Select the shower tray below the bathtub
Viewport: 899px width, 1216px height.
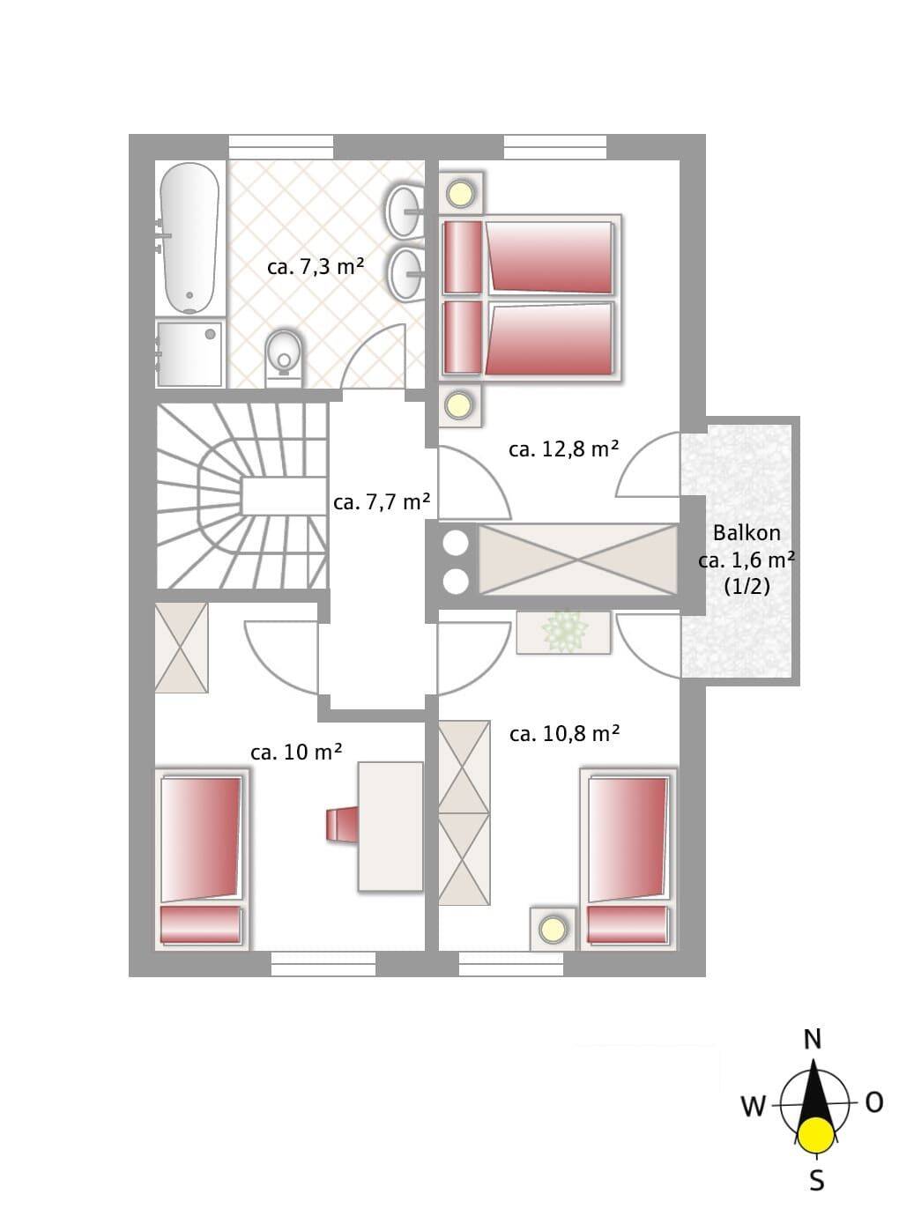189,353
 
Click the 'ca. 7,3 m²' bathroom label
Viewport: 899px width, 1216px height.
316,267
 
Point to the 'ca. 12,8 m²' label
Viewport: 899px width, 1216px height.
563,449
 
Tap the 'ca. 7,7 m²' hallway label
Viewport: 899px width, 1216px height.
382,501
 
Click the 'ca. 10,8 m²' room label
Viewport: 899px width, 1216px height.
564,733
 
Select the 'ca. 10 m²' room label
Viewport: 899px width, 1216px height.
296,752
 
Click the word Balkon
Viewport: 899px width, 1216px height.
747,533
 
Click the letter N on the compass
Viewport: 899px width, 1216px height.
813,1039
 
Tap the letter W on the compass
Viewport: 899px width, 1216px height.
753,1106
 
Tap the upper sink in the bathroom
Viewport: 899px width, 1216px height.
405,211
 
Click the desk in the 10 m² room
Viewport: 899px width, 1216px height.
390,827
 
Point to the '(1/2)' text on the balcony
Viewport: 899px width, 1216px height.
747,587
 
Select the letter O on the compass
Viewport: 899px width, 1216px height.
874,1102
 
